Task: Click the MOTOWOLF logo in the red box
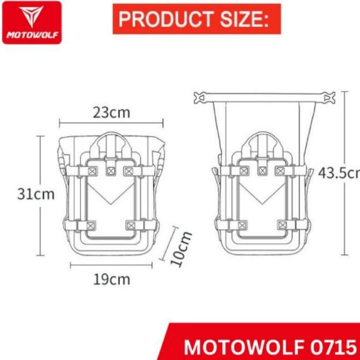click(33, 23)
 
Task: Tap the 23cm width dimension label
click(112, 112)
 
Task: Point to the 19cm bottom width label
click(112, 279)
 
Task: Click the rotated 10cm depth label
click(181, 248)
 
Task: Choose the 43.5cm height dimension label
click(339, 173)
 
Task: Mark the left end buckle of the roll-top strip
click(200, 98)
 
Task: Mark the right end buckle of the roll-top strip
click(325, 98)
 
